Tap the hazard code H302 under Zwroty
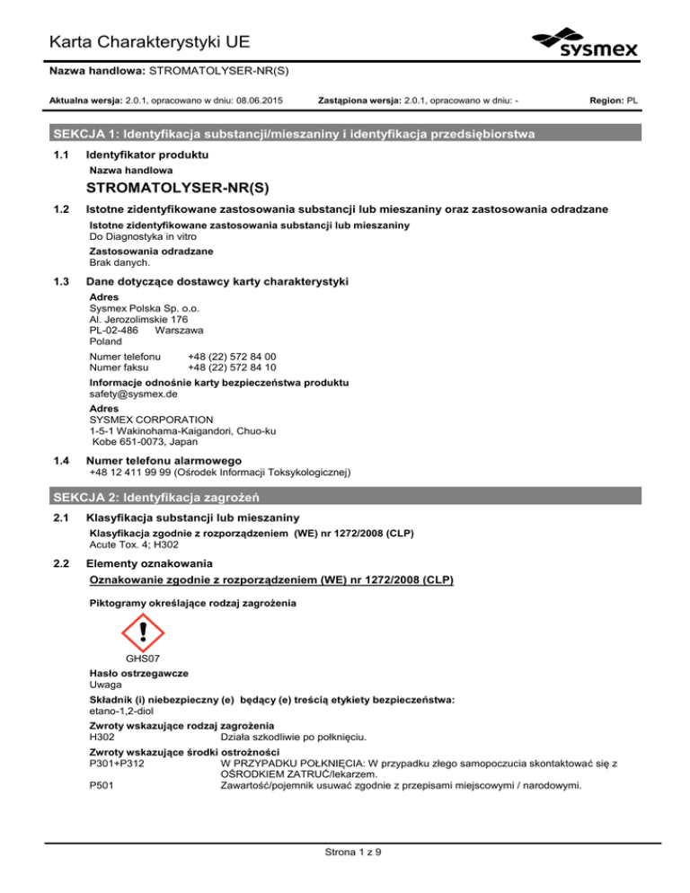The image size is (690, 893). click(x=106, y=738)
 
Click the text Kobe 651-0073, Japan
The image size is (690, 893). click(x=151, y=442)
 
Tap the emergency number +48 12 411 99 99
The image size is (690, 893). click(x=134, y=472)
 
